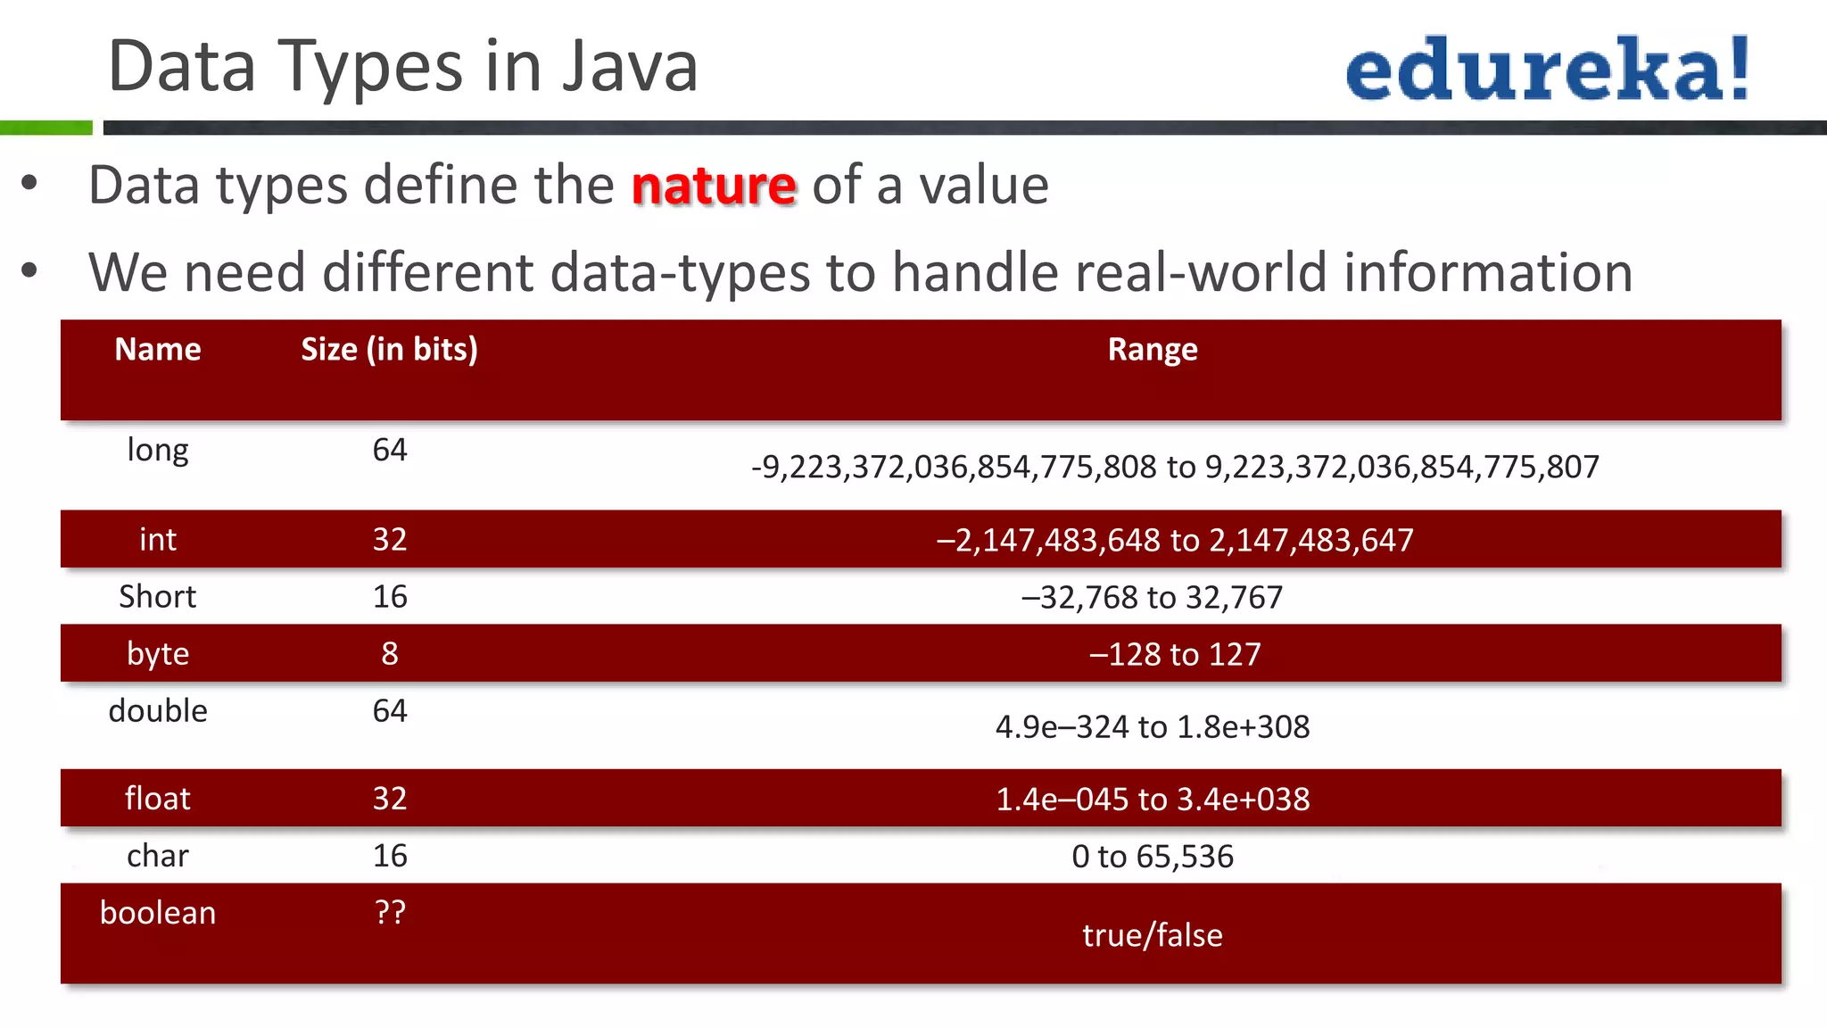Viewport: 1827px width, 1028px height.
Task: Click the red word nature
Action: point(714,186)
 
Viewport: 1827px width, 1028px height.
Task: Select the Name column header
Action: point(158,350)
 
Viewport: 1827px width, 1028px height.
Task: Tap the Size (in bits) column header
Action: point(389,350)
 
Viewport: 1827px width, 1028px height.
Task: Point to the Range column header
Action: point(1152,350)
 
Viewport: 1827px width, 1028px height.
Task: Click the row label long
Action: point(158,450)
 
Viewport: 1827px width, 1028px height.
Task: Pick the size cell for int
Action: point(390,539)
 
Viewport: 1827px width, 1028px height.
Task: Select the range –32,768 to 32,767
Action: point(1152,597)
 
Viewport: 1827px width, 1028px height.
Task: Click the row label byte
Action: point(158,654)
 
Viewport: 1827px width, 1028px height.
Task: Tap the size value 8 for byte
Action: point(390,654)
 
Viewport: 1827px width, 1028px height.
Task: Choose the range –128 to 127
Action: point(1175,654)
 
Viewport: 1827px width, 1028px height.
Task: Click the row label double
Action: point(158,711)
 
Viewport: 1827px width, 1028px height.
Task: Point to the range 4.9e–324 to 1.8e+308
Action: point(1152,727)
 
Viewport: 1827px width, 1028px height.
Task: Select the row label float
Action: point(158,799)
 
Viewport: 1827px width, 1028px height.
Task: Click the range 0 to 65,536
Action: point(1152,857)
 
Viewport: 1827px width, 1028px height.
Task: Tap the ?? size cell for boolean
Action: point(390,913)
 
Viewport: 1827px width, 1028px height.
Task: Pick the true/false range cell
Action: point(1152,935)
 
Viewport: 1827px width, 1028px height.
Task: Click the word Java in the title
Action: point(630,67)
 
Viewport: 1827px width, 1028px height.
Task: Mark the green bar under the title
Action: point(45,128)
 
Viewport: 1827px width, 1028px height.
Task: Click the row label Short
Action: point(158,597)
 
